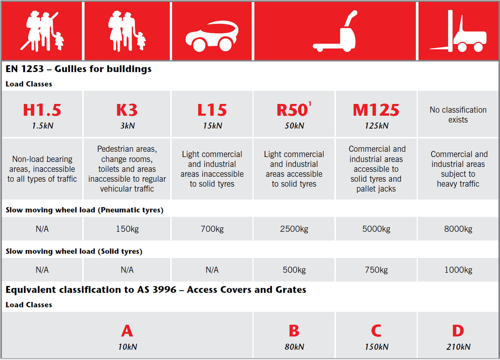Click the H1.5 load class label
pyautogui.click(x=42, y=110)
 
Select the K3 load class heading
pyautogui.click(x=127, y=110)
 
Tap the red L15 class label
pyautogui.click(x=212, y=110)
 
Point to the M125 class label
pyautogui.click(x=376, y=110)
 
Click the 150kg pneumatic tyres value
pyautogui.click(x=127, y=229)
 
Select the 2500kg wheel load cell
pyautogui.click(x=294, y=229)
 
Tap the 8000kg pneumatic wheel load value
pyautogui.click(x=458, y=229)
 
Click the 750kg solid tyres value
pyautogui.click(x=376, y=270)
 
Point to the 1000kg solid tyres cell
pyautogui.click(x=458, y=270)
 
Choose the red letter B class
pyautogui.click(x=294, y=330)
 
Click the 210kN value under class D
pyautogui.click(x=458, y=347)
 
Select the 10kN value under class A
pyautogui.click(x=127, y=347)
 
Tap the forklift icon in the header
pyautogui.click(x=458, y=31)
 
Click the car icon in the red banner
pyautogui.click(x=212, y=36)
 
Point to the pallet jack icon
pyautogui.click(x=335, y=31)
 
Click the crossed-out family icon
pyautogui.click(x=42, y=31)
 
